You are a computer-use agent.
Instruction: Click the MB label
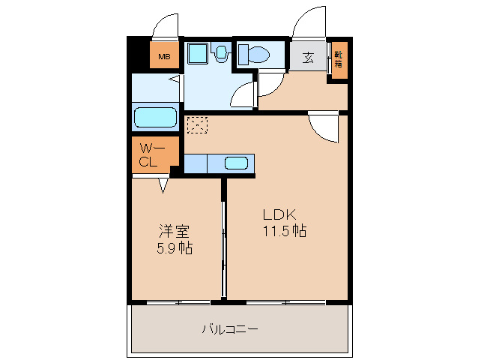pos(164,57)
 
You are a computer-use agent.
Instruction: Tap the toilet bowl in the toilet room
pos(259,55)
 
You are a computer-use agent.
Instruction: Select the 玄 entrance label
pos(308,57)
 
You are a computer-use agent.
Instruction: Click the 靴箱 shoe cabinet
pos(339,60)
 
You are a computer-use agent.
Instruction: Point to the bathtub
pos(156,117)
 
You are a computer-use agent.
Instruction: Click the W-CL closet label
pos(151,155)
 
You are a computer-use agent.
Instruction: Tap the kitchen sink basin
pos(236,163)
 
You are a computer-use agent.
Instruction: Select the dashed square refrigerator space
pos(197,125)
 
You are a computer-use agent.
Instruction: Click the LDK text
pos(279,214)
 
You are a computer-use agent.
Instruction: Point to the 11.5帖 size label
pos(285,231)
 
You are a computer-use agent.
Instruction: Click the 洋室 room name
pos(175,232)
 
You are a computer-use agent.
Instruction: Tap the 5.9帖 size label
pos(175,248)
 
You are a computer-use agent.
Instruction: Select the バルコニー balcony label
pos(230,329)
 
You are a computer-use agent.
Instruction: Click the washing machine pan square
pos(198,53)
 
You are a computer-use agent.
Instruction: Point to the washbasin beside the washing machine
pos(221,52)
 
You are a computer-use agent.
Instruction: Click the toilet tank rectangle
pos(243,55)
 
